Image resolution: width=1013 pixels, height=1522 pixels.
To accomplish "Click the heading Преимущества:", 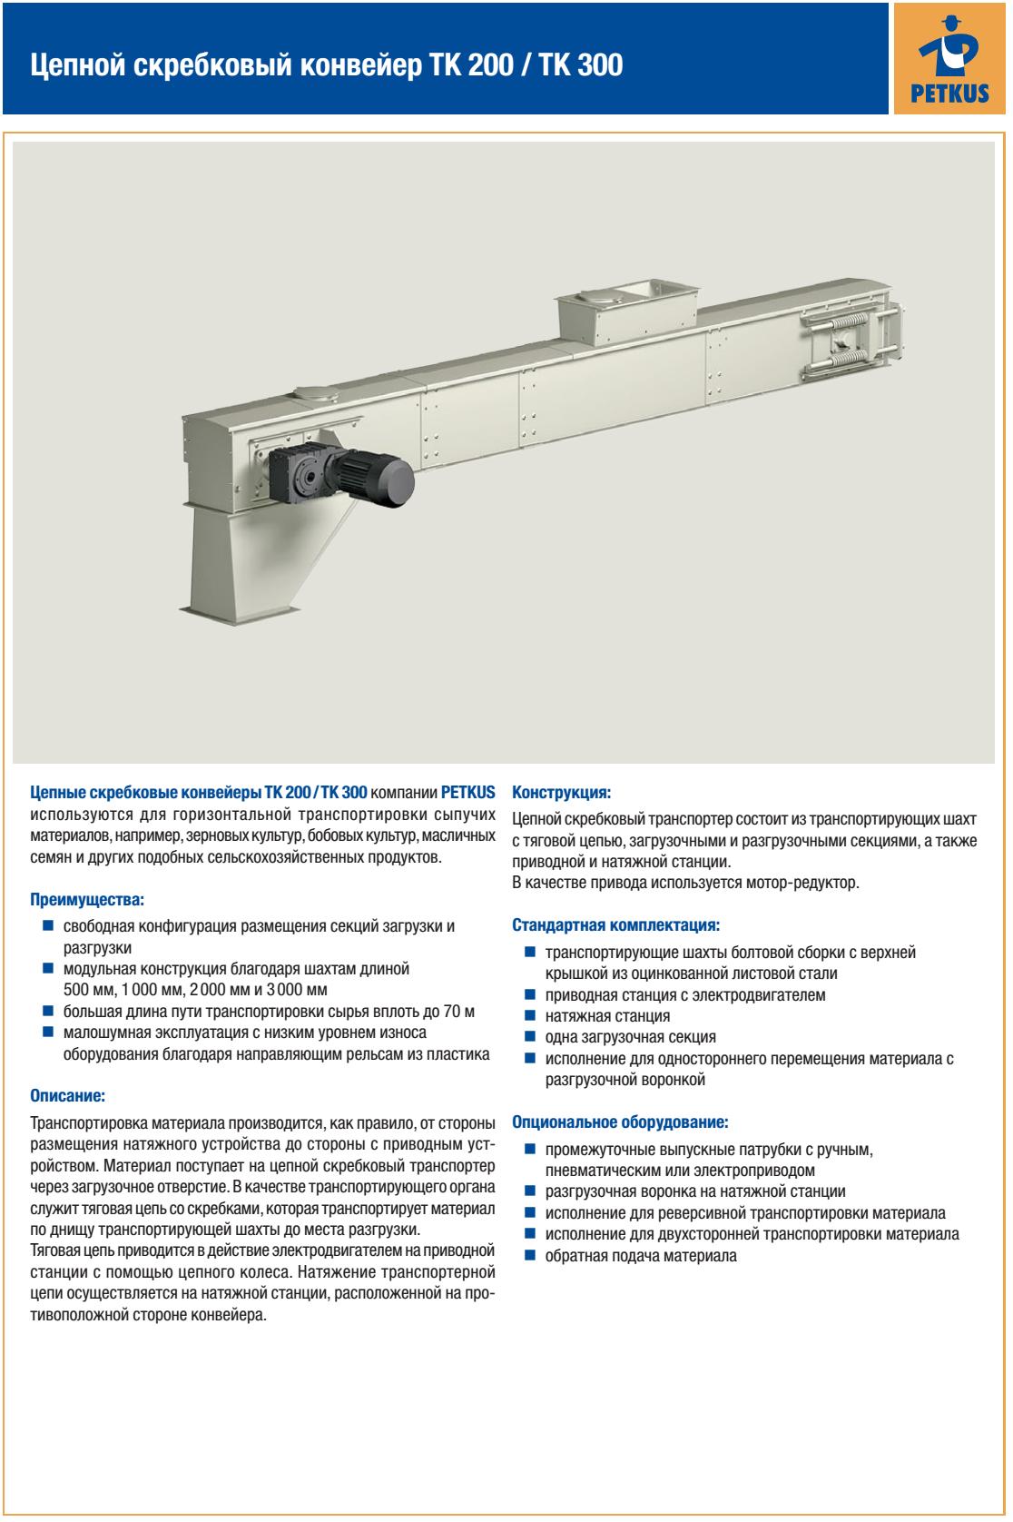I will [86, 901].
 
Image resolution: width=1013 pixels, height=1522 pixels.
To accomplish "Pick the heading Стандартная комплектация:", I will [616, 926].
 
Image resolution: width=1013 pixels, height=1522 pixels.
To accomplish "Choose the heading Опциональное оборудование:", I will [620, 1122].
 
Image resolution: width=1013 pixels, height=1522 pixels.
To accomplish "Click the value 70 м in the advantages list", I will [458, 1012].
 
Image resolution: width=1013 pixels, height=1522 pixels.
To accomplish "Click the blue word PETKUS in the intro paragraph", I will [467, 791].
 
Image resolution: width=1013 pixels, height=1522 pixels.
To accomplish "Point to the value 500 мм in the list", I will [90, 990].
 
